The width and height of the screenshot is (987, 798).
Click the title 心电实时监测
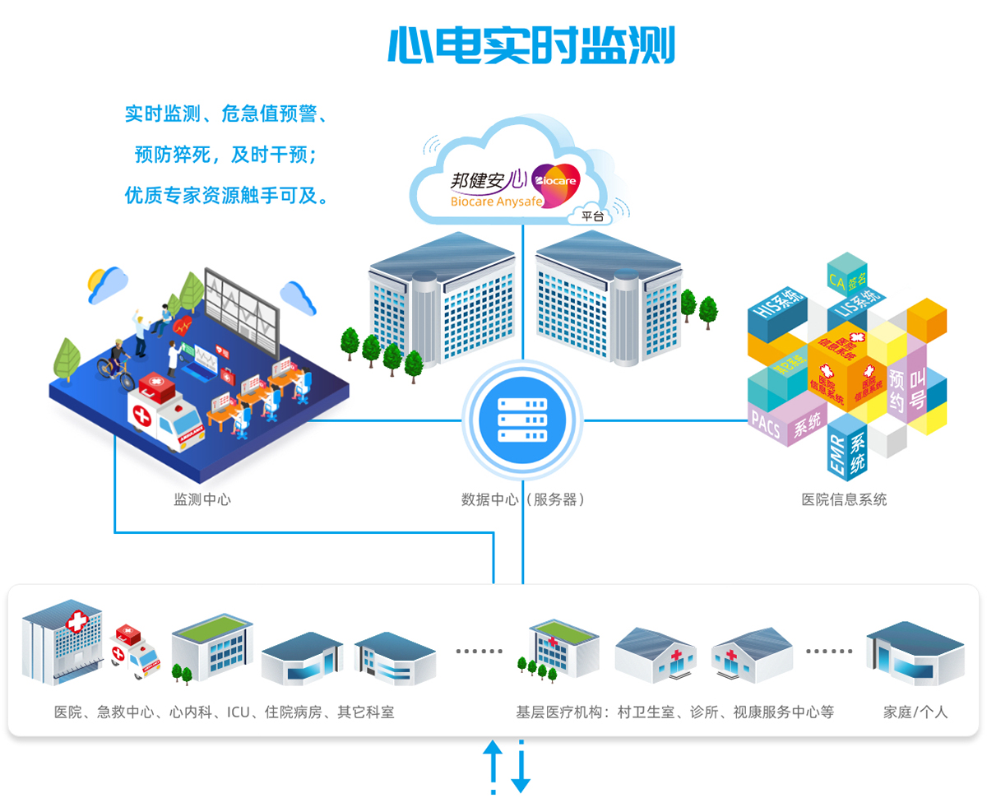tap(531, 45)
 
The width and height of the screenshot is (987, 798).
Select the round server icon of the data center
tap(522, 420)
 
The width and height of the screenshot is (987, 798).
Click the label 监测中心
tap(202, 499)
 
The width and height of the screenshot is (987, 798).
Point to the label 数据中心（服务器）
tap(523, 499)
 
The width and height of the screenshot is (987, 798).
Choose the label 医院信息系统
tap(845, 499)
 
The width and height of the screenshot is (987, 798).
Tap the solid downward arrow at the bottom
tap(521, 769)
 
